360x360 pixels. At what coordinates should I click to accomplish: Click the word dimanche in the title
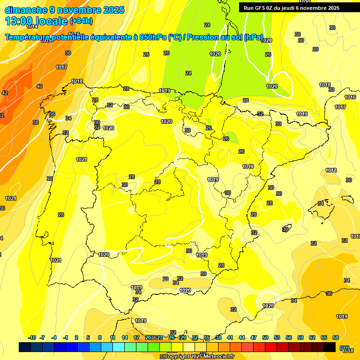pos(24,10)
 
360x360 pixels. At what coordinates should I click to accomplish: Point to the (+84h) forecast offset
pos(82,21)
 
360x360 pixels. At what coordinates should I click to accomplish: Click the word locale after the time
pos(52,21)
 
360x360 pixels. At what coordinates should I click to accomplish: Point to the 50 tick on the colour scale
pos(265,337)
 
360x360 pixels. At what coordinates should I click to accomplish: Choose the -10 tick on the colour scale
pos(32,337)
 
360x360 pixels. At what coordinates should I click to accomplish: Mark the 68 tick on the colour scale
pos(336,337)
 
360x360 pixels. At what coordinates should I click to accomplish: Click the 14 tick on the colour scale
pos(125,337)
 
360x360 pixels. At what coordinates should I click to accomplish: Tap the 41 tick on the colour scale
pos(230,337)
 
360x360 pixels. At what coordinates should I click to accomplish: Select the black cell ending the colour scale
pos(330,347)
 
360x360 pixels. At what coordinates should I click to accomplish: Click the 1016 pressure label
pos(350,97)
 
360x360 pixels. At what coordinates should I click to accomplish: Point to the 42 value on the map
pos(5,93)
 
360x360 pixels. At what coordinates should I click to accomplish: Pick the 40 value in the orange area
pos(39,86)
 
